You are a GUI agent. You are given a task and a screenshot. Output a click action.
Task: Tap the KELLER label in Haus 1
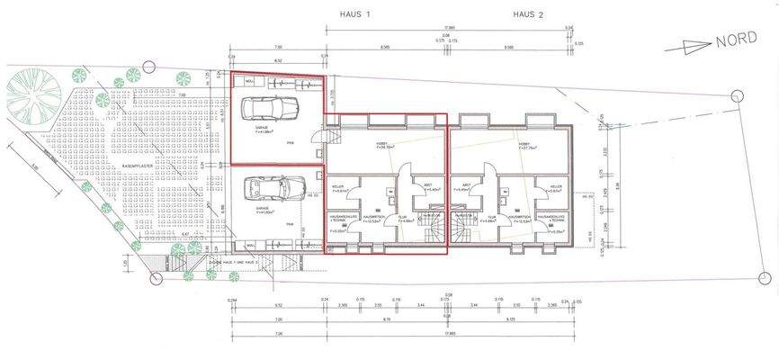tap(339, 187)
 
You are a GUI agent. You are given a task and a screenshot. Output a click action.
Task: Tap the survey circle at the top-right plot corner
tap(737, 96)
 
